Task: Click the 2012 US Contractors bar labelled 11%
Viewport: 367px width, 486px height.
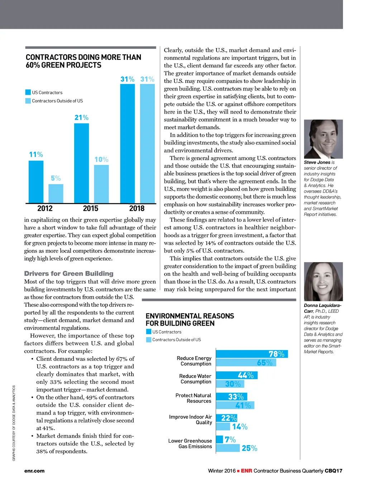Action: (36, 182)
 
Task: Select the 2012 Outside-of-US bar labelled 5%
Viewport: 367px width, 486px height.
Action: (56, 194)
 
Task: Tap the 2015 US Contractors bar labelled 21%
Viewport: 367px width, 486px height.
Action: (81, 163)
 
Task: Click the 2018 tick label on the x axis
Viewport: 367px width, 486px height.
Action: (137, 208)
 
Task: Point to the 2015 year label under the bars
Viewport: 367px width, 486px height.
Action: (91, 208)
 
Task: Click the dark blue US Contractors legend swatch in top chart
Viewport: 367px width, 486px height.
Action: (28, 92)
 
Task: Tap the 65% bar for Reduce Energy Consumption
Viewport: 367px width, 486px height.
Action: (246, 363)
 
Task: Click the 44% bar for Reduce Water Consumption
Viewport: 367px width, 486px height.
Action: (237, 375)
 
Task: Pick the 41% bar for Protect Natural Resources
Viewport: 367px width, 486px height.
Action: (235, 405)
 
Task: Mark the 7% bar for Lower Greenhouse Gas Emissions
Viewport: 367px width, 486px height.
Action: (219, 439)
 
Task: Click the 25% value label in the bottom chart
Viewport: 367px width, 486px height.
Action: (249, 448)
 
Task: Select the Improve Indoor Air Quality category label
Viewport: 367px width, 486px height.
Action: (191, 420)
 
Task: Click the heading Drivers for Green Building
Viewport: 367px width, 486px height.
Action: (69, 273)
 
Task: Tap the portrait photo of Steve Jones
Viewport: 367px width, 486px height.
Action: (323, 139)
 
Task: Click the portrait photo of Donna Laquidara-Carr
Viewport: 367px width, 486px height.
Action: (323, 282)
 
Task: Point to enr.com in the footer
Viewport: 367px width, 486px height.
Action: (34, 471)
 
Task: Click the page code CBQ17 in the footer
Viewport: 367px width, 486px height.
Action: (334, 471)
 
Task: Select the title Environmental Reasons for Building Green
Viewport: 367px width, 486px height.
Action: (190, 320)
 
